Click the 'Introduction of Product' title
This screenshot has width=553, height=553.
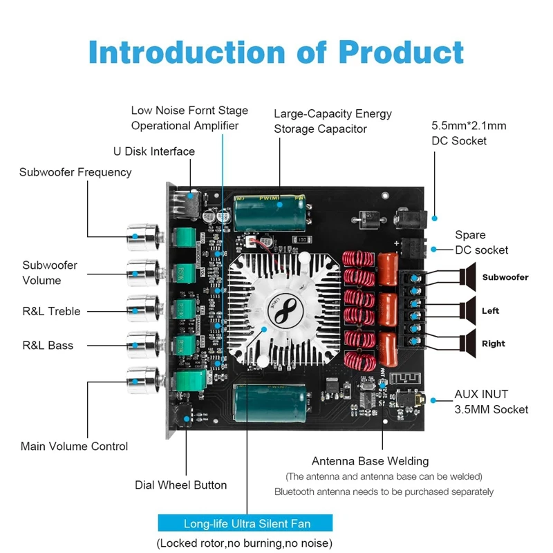[x=276, y=52]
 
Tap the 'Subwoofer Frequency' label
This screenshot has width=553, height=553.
[x=75, y=172]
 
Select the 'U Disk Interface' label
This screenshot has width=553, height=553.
[x=154, y=151]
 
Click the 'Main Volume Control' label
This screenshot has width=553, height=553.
[x=74, y=446]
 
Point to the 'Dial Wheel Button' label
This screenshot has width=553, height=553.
[x=180, y=485]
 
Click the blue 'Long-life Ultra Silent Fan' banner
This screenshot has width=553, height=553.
[x=245, y=523]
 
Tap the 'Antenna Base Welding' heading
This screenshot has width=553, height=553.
[x=370, y=461]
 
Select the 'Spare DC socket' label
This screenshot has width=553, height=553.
[x=481, y=243]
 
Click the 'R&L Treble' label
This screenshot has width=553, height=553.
[x=51, y=311]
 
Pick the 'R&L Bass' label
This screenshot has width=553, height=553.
[x=48, y=345]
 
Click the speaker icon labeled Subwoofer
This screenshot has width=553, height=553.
[x=469, y=277]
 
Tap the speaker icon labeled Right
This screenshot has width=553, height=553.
[x=469, y=344]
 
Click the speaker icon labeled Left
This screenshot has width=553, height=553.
[x=469, y=310]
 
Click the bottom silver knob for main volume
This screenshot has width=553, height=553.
[x=142, y=379]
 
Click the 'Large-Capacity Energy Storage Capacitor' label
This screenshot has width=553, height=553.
[x=332, y=121]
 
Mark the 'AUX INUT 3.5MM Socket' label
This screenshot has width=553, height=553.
[x=491, y=402]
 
